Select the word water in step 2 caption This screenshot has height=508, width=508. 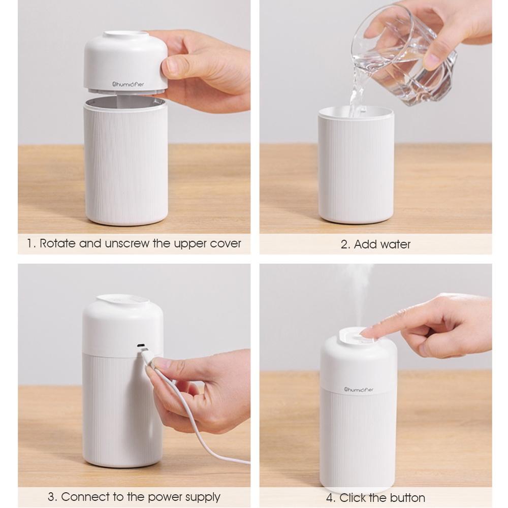[396, 244]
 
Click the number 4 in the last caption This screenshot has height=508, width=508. [330, 498]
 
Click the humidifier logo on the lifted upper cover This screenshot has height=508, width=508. [128, 84]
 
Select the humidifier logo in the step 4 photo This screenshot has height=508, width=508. [359, 390]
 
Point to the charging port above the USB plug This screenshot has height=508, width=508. [141, 345]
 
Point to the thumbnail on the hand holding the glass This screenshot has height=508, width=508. [433, 58]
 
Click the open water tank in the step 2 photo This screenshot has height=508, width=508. [356, 165]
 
